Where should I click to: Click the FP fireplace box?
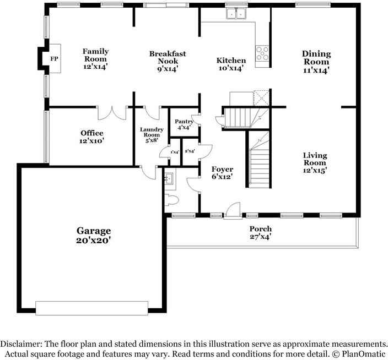54,58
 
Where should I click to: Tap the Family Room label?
95,54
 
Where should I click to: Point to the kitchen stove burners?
262,53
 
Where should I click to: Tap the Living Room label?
315,159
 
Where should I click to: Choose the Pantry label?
184,121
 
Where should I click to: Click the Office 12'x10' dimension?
91,141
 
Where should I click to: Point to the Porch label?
260,229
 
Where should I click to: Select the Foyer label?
222,169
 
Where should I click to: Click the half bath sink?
170,178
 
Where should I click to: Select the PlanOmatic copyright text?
362,352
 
